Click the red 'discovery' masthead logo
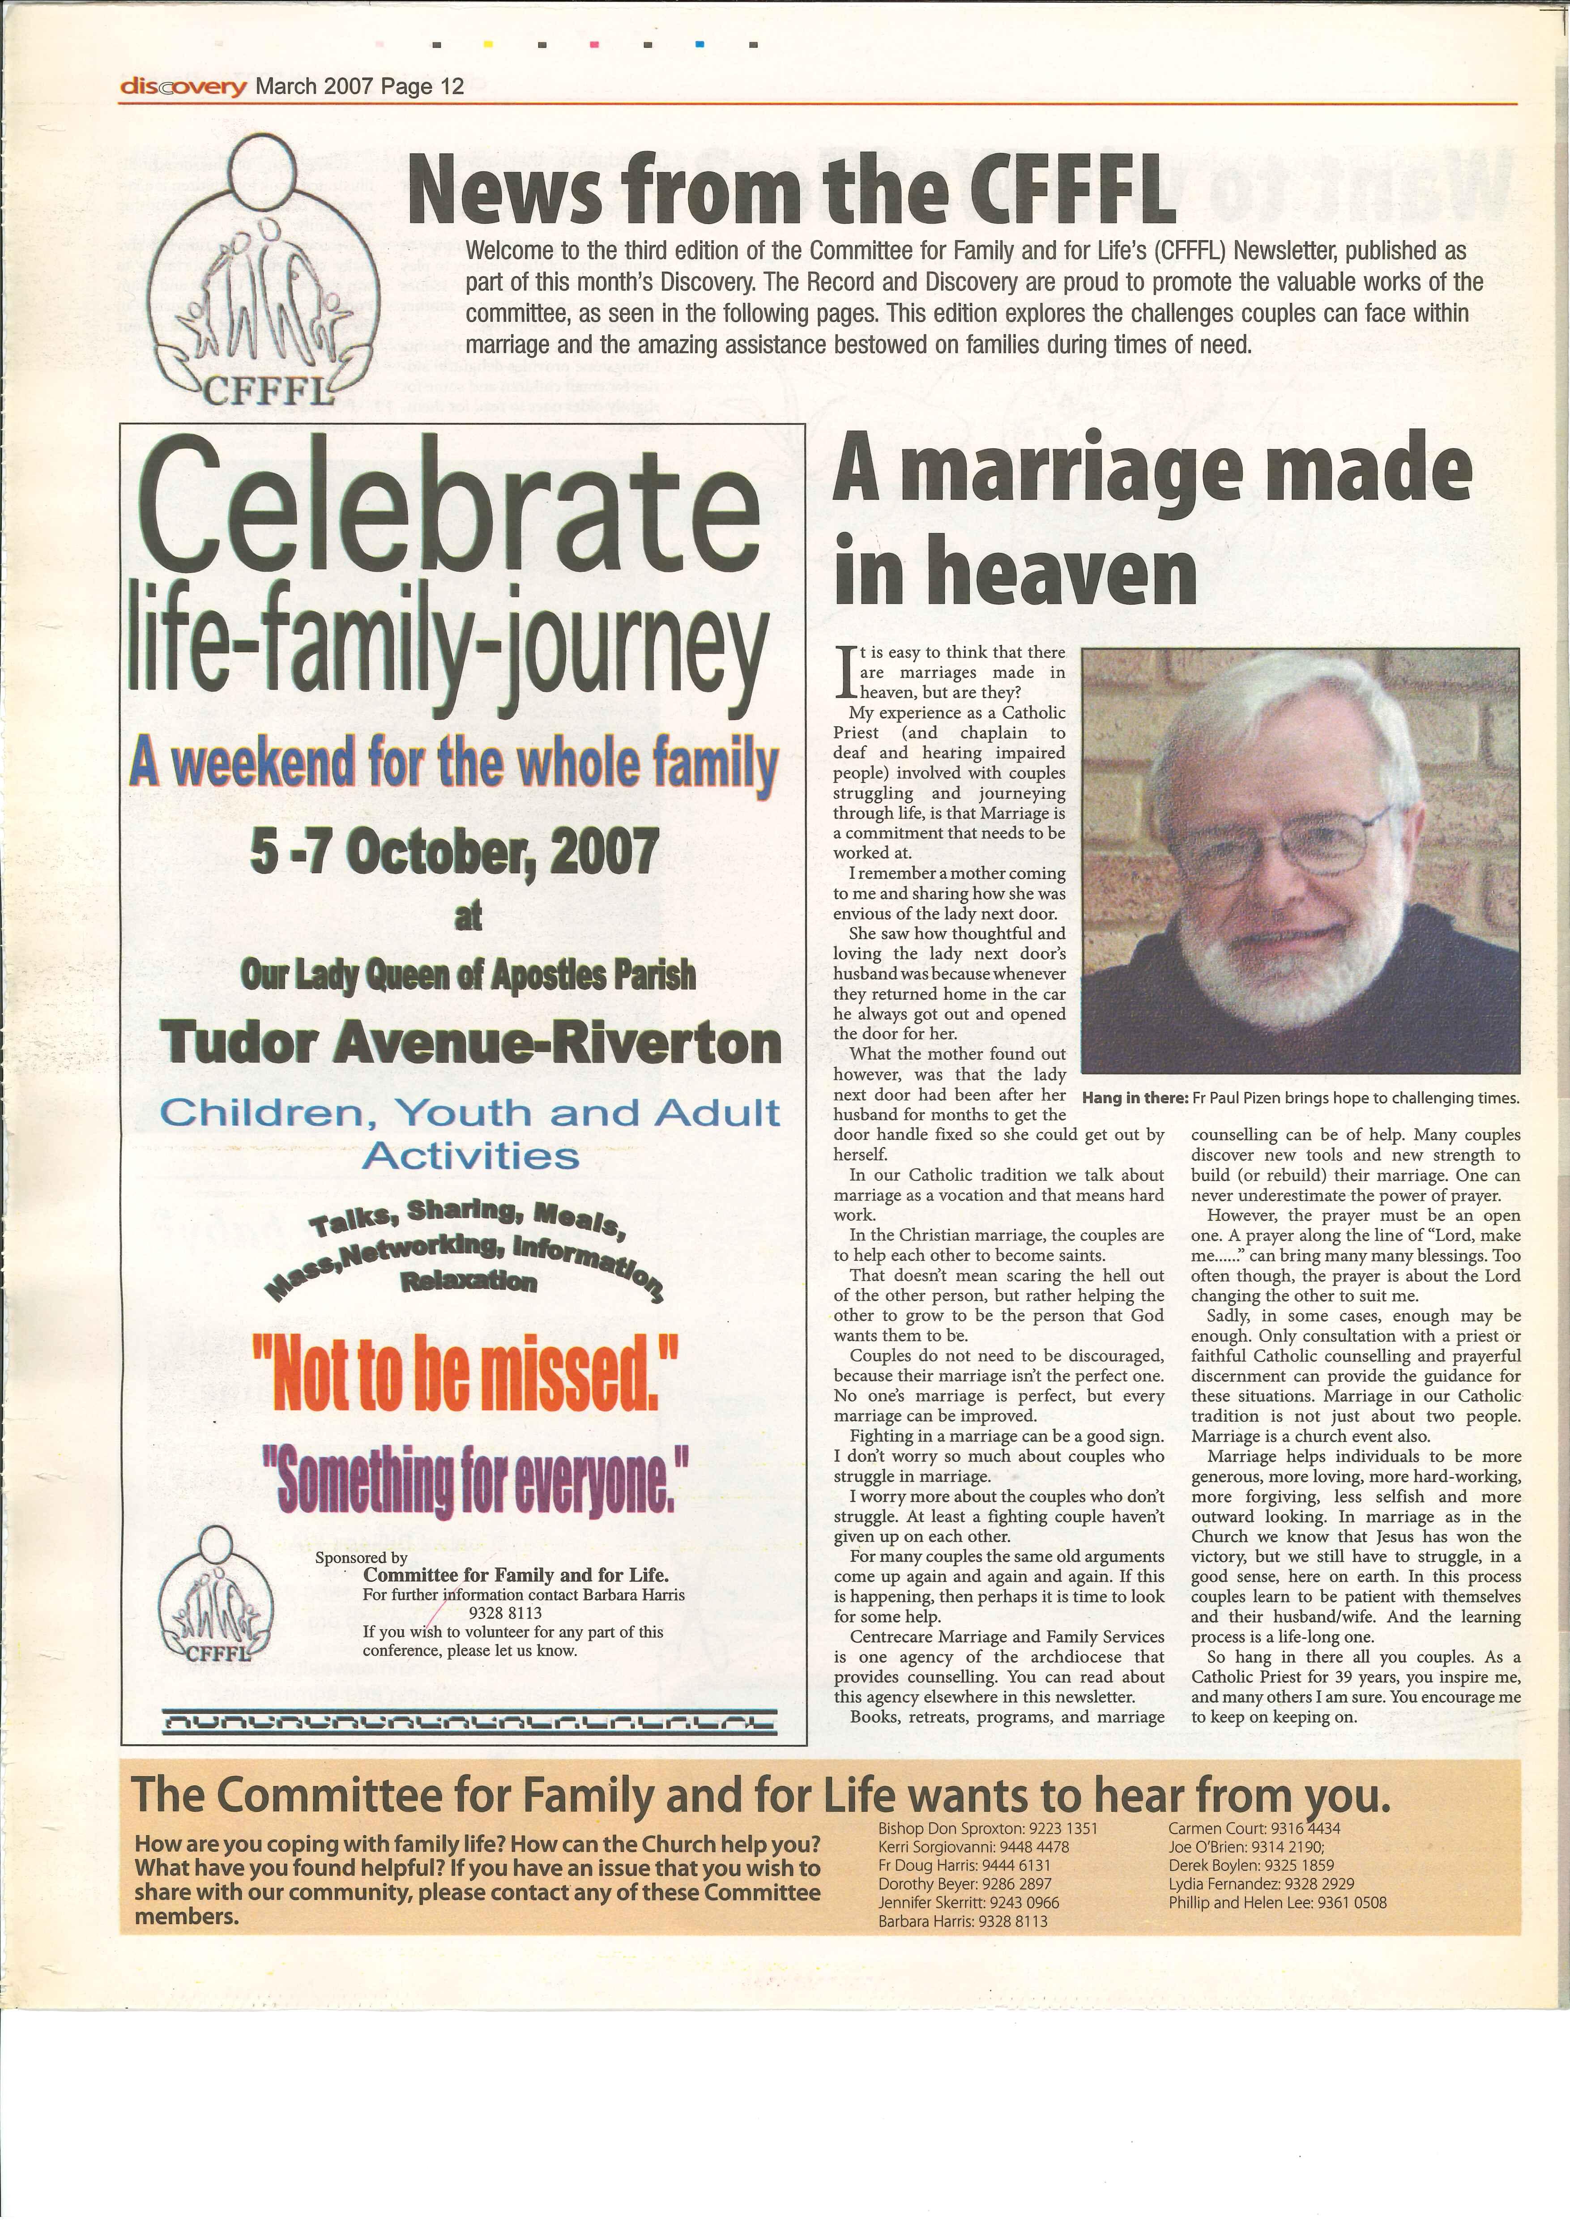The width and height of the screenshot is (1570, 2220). tap(183, 87)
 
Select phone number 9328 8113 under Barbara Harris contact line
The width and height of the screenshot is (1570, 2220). tap(505, 1613)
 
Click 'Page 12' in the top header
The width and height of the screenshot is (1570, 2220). tap(423, 87)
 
